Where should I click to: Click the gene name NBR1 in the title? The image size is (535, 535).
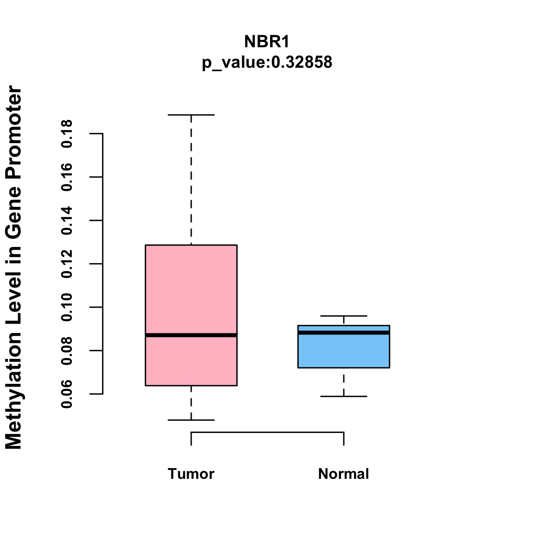(x=267, y=42)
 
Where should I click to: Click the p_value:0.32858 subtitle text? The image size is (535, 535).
(x=267, y=62)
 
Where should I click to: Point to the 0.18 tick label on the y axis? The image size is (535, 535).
(x=67, y=134)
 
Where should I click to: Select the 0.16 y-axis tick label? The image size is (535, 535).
(x=67, y=177)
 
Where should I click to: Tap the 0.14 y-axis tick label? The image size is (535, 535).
(x=67, y=221)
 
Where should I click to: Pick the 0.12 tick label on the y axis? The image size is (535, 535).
(x=67, y=264)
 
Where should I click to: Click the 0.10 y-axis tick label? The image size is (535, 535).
(x=67, y=308)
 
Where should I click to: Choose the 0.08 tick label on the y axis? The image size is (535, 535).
(x=67, y=351)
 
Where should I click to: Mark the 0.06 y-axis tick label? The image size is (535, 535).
(x=67, y=394)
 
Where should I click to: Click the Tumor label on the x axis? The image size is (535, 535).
(x=191, y=474)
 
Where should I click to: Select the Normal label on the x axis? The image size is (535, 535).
(x=343, y=474)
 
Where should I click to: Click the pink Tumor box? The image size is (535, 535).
(x=191, y=290)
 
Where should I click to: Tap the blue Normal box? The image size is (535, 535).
(x=343, y=352)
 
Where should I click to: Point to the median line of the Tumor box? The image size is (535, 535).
(x=191, y=335)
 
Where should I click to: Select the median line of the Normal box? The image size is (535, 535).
(x=343, y=333)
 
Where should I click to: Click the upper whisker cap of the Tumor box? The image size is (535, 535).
(x=191, y=115)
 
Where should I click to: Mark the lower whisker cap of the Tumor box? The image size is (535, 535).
(x=191, y=420)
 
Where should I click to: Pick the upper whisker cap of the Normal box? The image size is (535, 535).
(x=343, y=316)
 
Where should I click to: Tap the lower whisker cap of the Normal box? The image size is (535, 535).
(x=343, y=396)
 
